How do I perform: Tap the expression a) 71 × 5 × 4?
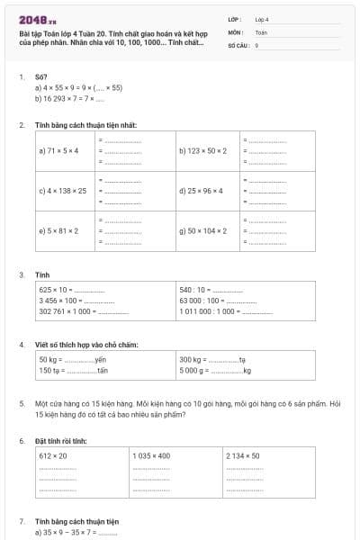58,150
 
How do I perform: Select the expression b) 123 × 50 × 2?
202,150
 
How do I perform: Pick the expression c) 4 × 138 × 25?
63,191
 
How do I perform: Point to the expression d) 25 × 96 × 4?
201,191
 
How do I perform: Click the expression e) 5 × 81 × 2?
58,230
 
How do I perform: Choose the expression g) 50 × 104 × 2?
202,230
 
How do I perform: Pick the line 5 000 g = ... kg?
215,370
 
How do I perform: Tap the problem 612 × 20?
53,456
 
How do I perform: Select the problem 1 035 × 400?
151,456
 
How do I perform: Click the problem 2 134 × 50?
243,456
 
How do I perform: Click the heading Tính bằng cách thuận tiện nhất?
85,125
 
